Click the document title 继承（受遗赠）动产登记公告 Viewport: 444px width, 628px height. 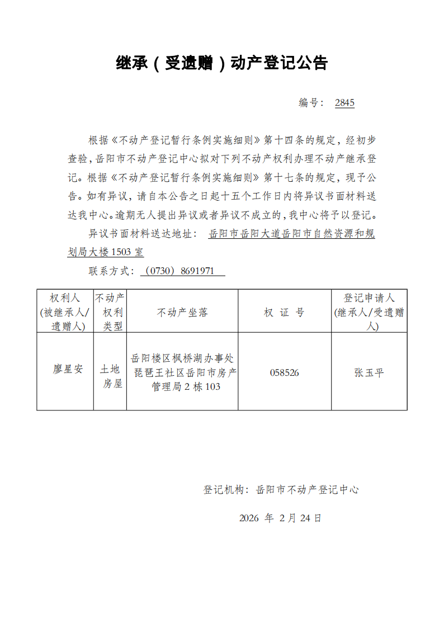(x=221, y=63)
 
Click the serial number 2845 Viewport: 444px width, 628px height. (x=344, y=103)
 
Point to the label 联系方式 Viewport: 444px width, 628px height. (x=110, y=271)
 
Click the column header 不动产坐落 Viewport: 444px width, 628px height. (x=182, y=313)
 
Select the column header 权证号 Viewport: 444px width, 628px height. (x=284, y=313)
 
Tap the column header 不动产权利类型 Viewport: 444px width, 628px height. (x=110, y=311)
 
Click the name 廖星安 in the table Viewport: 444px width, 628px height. (x=68, y=370)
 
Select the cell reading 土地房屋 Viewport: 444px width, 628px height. (x=110, y=376)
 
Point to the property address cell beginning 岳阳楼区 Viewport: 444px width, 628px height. (x=183, y=372)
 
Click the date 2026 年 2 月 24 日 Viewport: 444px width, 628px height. (x=280, y=518)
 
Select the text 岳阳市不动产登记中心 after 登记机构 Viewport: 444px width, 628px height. (x=307, y=490)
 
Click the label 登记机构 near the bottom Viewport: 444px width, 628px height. (x=224, y=490)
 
